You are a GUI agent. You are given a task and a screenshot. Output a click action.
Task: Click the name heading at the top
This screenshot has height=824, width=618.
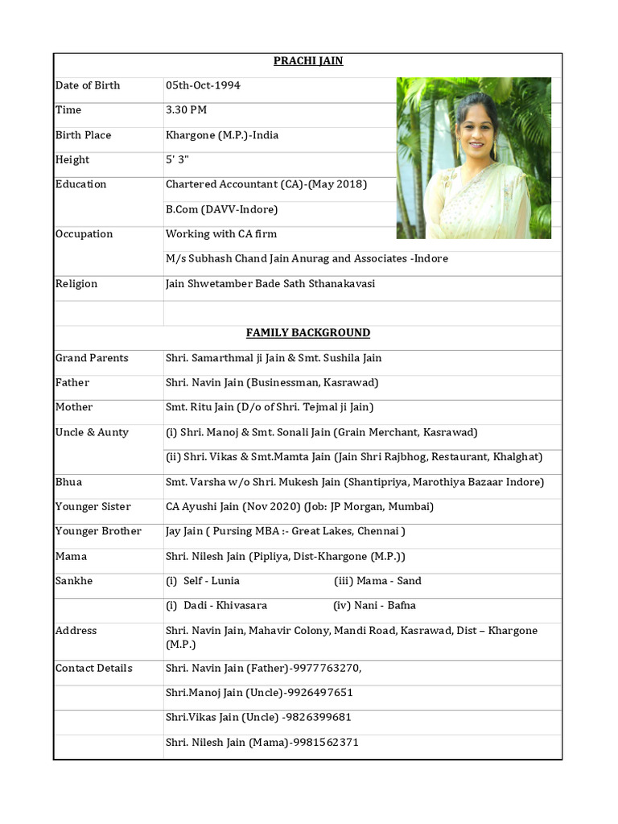pos(308,61)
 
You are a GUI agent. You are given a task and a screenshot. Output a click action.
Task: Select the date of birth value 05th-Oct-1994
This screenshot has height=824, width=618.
pos(203,85)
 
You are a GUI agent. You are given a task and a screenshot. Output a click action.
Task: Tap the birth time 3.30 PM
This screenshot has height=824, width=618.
pos(186,110)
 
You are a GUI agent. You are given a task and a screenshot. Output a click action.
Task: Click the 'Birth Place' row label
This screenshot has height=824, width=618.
pos(83,135)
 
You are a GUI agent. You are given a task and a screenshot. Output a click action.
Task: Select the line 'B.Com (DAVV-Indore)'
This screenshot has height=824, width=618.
pos(221,209)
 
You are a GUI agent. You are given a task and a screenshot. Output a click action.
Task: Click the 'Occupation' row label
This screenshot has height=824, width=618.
pos(84,234)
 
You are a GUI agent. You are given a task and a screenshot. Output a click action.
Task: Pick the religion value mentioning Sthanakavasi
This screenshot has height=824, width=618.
pos(270,284)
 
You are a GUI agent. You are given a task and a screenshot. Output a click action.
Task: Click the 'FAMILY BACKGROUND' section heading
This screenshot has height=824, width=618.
pos(308,333)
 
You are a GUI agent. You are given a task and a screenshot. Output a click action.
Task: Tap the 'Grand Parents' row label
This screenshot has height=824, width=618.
pos(91,358)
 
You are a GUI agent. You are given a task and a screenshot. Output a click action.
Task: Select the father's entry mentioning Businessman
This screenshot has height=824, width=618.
pos(272,383)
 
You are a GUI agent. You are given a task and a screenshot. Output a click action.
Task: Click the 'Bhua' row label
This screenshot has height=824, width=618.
pos(68,482)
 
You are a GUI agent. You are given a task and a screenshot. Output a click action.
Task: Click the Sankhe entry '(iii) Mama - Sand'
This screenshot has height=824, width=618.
pos(377,581)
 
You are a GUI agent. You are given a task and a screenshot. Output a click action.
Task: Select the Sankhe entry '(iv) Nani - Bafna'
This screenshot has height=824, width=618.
pos(374,605)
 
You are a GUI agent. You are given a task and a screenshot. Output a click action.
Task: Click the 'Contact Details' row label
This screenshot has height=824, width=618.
pos(93,668)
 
